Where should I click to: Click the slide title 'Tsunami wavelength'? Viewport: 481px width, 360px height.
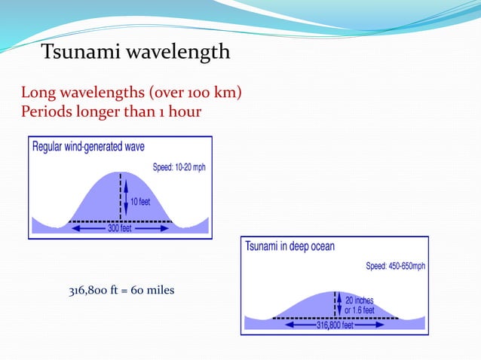(135, 52)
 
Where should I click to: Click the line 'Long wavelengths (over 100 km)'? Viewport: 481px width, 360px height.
(131, 93)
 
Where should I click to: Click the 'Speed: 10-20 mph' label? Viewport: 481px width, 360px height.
(179, 167)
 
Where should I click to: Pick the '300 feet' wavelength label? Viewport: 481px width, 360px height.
(120, 228)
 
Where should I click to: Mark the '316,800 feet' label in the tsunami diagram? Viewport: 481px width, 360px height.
(335, 325)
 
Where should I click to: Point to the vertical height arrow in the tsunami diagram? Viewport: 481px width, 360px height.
(339, 304)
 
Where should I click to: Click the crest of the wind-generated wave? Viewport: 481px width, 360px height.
(120, 173)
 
